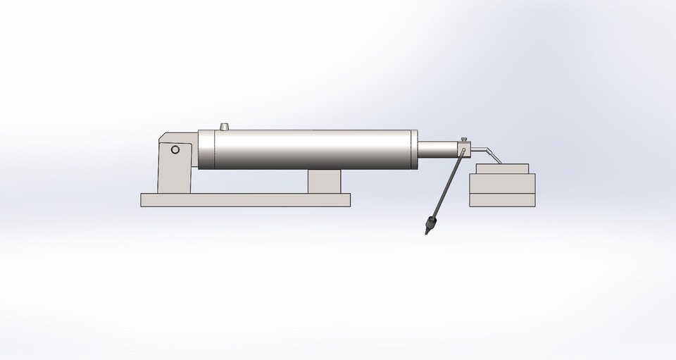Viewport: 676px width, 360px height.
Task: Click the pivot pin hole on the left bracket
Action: point(175,149)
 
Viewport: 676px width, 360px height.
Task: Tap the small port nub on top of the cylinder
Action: point(225,127)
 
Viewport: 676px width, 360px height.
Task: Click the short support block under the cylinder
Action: point(324,182)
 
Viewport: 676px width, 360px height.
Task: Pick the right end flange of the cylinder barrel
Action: point(415,149)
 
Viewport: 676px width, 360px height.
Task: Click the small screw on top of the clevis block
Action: point(463,139)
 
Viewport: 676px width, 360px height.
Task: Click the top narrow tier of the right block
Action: point(502,169)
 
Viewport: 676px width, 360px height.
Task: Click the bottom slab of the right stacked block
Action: point(502,200)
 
